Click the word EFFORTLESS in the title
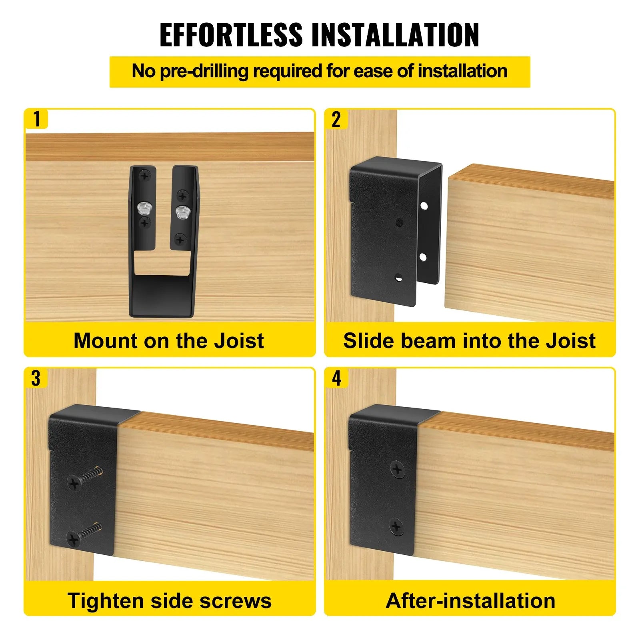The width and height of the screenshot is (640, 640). (x=231, y=35)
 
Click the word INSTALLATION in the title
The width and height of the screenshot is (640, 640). (x=395, y=35)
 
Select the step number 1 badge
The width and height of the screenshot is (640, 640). (x=37, y=119)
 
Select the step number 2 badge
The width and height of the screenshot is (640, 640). (x=336, y=119)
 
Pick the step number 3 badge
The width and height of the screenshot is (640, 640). (x=36, y=378)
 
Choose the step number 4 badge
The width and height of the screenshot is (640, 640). (x=336, y=378)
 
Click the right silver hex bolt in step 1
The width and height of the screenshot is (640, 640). (x=182, y=210)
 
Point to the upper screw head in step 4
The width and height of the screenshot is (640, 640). (x=397, y=469)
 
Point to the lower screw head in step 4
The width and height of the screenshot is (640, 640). (x=396, y=526)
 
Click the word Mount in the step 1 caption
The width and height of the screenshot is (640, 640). (x=105, y=341)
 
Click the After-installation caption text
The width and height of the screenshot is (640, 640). (x=470, y=601)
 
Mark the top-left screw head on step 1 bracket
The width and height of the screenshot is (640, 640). (x=144, y=176)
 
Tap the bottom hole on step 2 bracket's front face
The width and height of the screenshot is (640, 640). (x=398, y=276)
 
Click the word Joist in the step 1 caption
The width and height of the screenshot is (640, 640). (x=239, y=341)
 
